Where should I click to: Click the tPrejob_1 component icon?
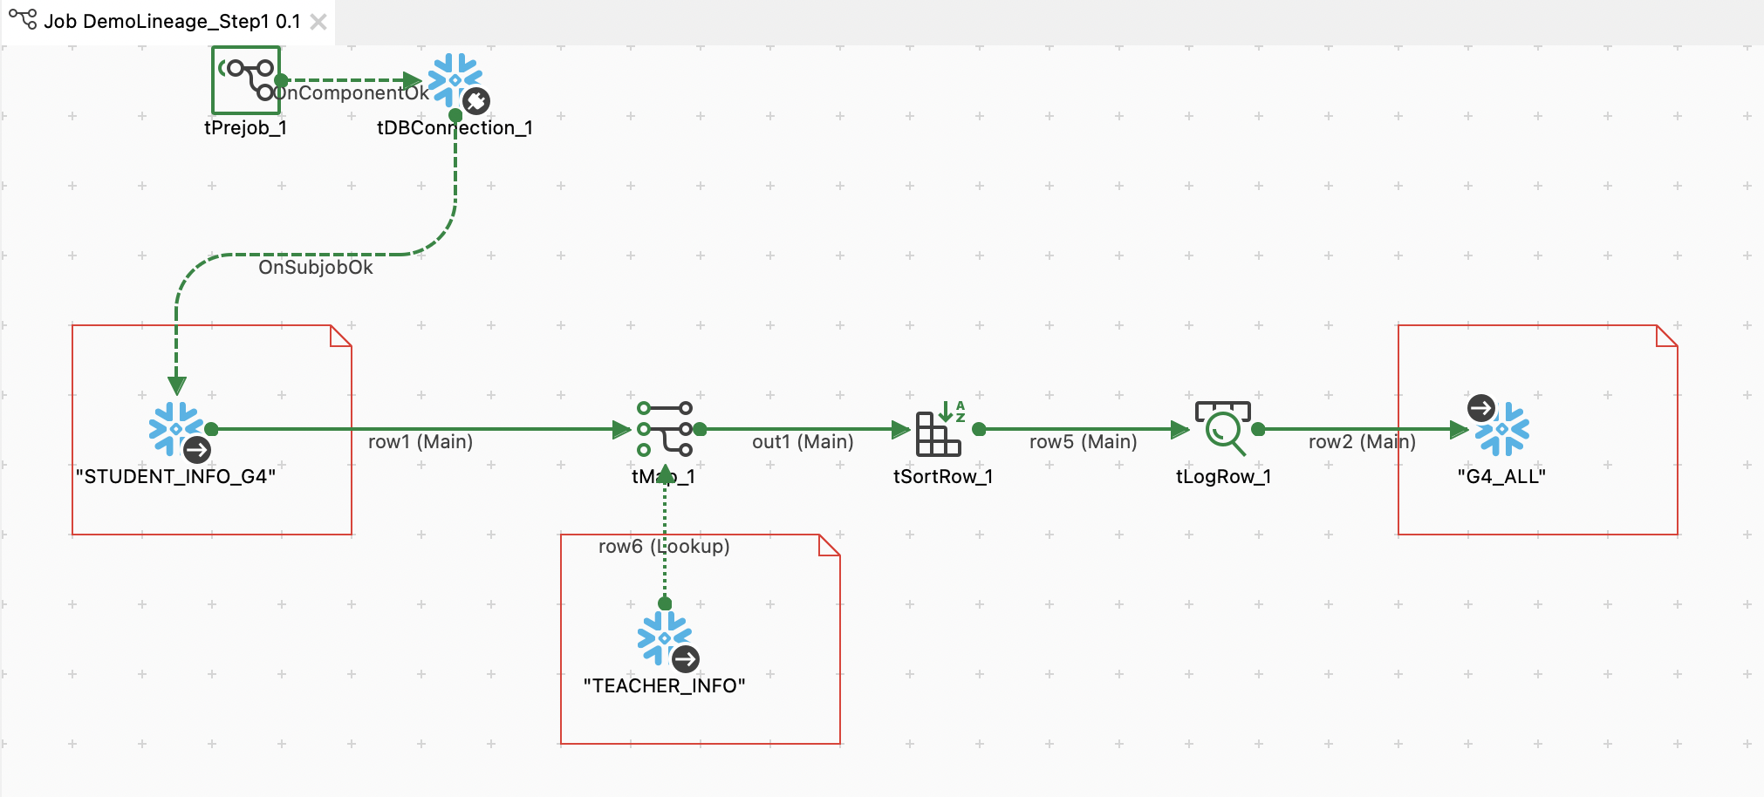(246, 80)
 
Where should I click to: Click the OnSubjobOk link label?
(316, 268)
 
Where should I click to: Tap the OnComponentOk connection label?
(353, 93)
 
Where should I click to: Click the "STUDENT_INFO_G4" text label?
(176, 477)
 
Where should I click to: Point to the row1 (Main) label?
(420, 442)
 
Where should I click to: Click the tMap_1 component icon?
(665, 428)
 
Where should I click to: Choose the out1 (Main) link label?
(803, 442)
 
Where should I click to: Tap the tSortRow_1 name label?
(943, 477)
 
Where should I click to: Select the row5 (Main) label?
(1084, 442)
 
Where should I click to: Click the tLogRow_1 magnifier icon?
(1223, 428)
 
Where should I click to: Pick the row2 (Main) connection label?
(1362, 442)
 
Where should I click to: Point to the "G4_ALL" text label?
(1501, 477)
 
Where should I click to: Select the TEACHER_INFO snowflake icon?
(666, 638)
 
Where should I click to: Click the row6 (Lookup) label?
(664, 547)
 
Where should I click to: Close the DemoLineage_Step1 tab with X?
(318, 22)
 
